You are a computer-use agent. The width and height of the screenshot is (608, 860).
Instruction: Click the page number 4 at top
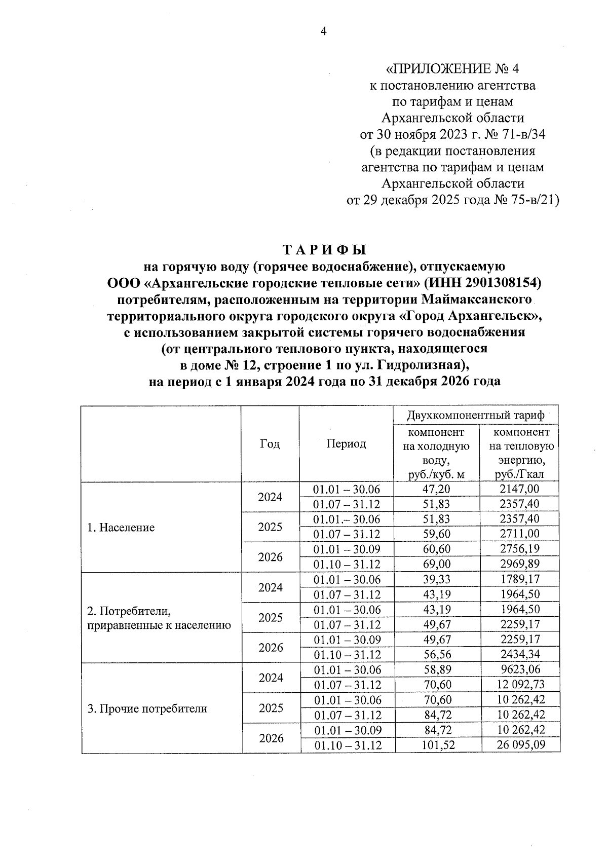pos(324,31)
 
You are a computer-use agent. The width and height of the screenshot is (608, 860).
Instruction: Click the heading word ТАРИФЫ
pos(324,250)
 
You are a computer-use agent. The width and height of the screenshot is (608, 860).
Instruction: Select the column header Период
pos(346,444)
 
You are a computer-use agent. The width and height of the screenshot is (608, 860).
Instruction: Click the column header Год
pos(270,444)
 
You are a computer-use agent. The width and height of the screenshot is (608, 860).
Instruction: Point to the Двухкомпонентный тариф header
pos(476,416)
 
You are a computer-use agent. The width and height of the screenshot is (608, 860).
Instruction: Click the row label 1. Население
pos(121,528)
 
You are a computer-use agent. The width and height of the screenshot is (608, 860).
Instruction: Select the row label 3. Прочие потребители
pos(147,708)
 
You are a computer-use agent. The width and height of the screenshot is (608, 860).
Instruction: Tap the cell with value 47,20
pos(436,489)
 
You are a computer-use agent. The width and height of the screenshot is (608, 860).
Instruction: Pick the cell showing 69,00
pos(436,564)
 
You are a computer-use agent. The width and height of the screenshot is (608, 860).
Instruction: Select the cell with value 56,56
pos(436,655)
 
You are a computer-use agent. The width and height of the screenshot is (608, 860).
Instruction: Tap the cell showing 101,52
pos(436,745)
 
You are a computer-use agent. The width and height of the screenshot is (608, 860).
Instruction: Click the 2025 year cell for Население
pos(270,527)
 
